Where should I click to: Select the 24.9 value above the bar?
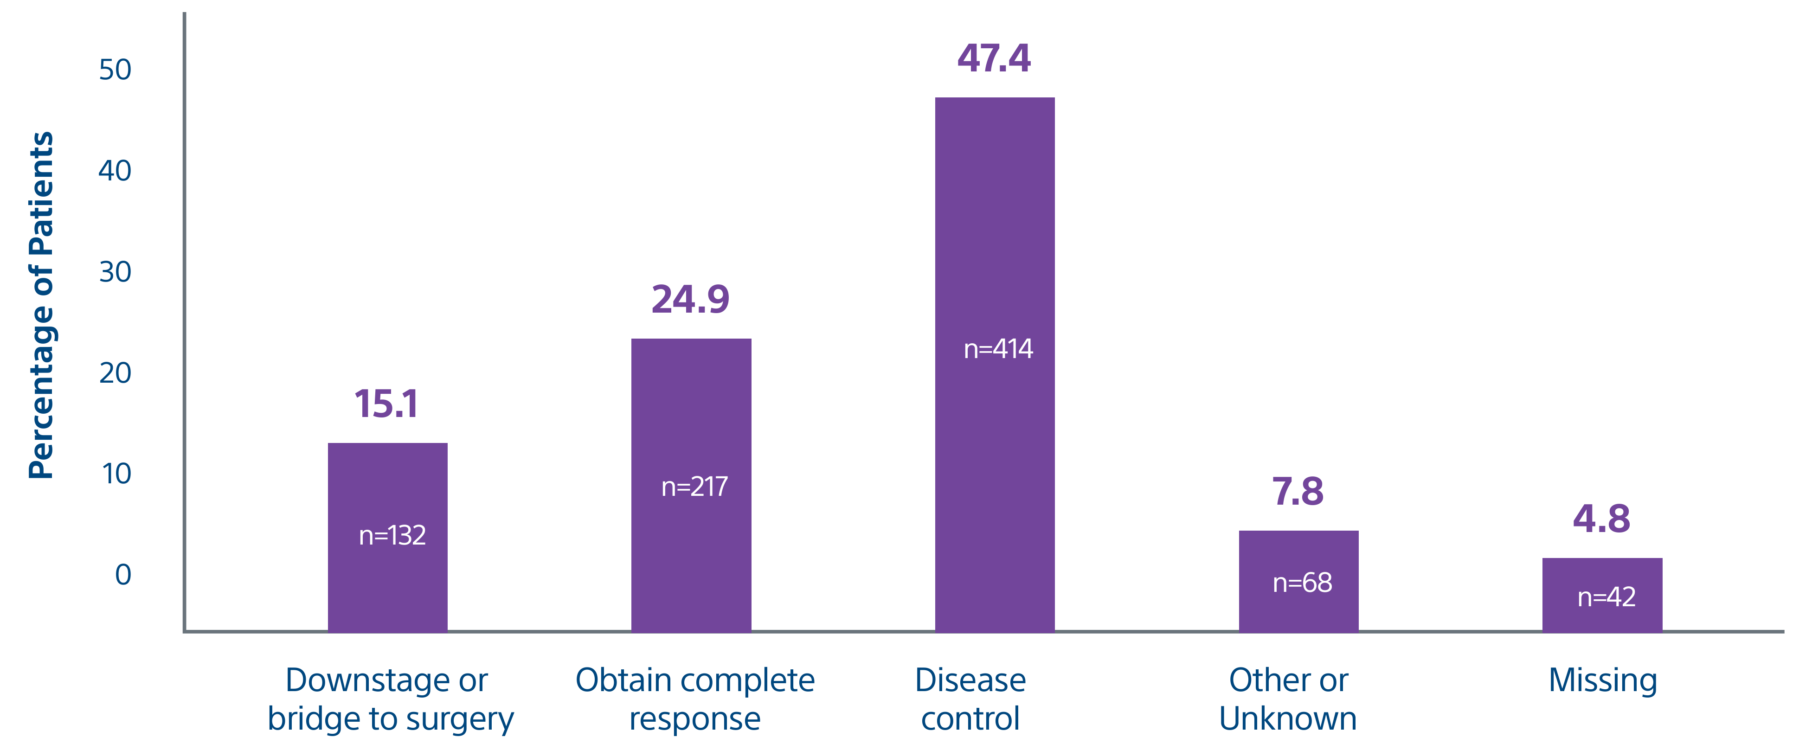tap(690, 300)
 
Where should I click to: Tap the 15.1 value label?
tap(386, 404)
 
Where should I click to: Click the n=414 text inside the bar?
tap(998, 349)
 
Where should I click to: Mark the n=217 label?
tap(694, 487)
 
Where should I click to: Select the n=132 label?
tap(392, 536)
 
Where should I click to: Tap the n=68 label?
tap(1302, 583)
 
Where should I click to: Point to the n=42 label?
tap(1606, 597)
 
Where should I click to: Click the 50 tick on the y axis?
tap(115, 70)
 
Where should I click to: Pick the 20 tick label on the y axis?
tap(115, 373)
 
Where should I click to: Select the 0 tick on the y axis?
tap(123, 575)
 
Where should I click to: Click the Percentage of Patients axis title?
tap(41, 305)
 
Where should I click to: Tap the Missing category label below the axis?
tap(1602, 681)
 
